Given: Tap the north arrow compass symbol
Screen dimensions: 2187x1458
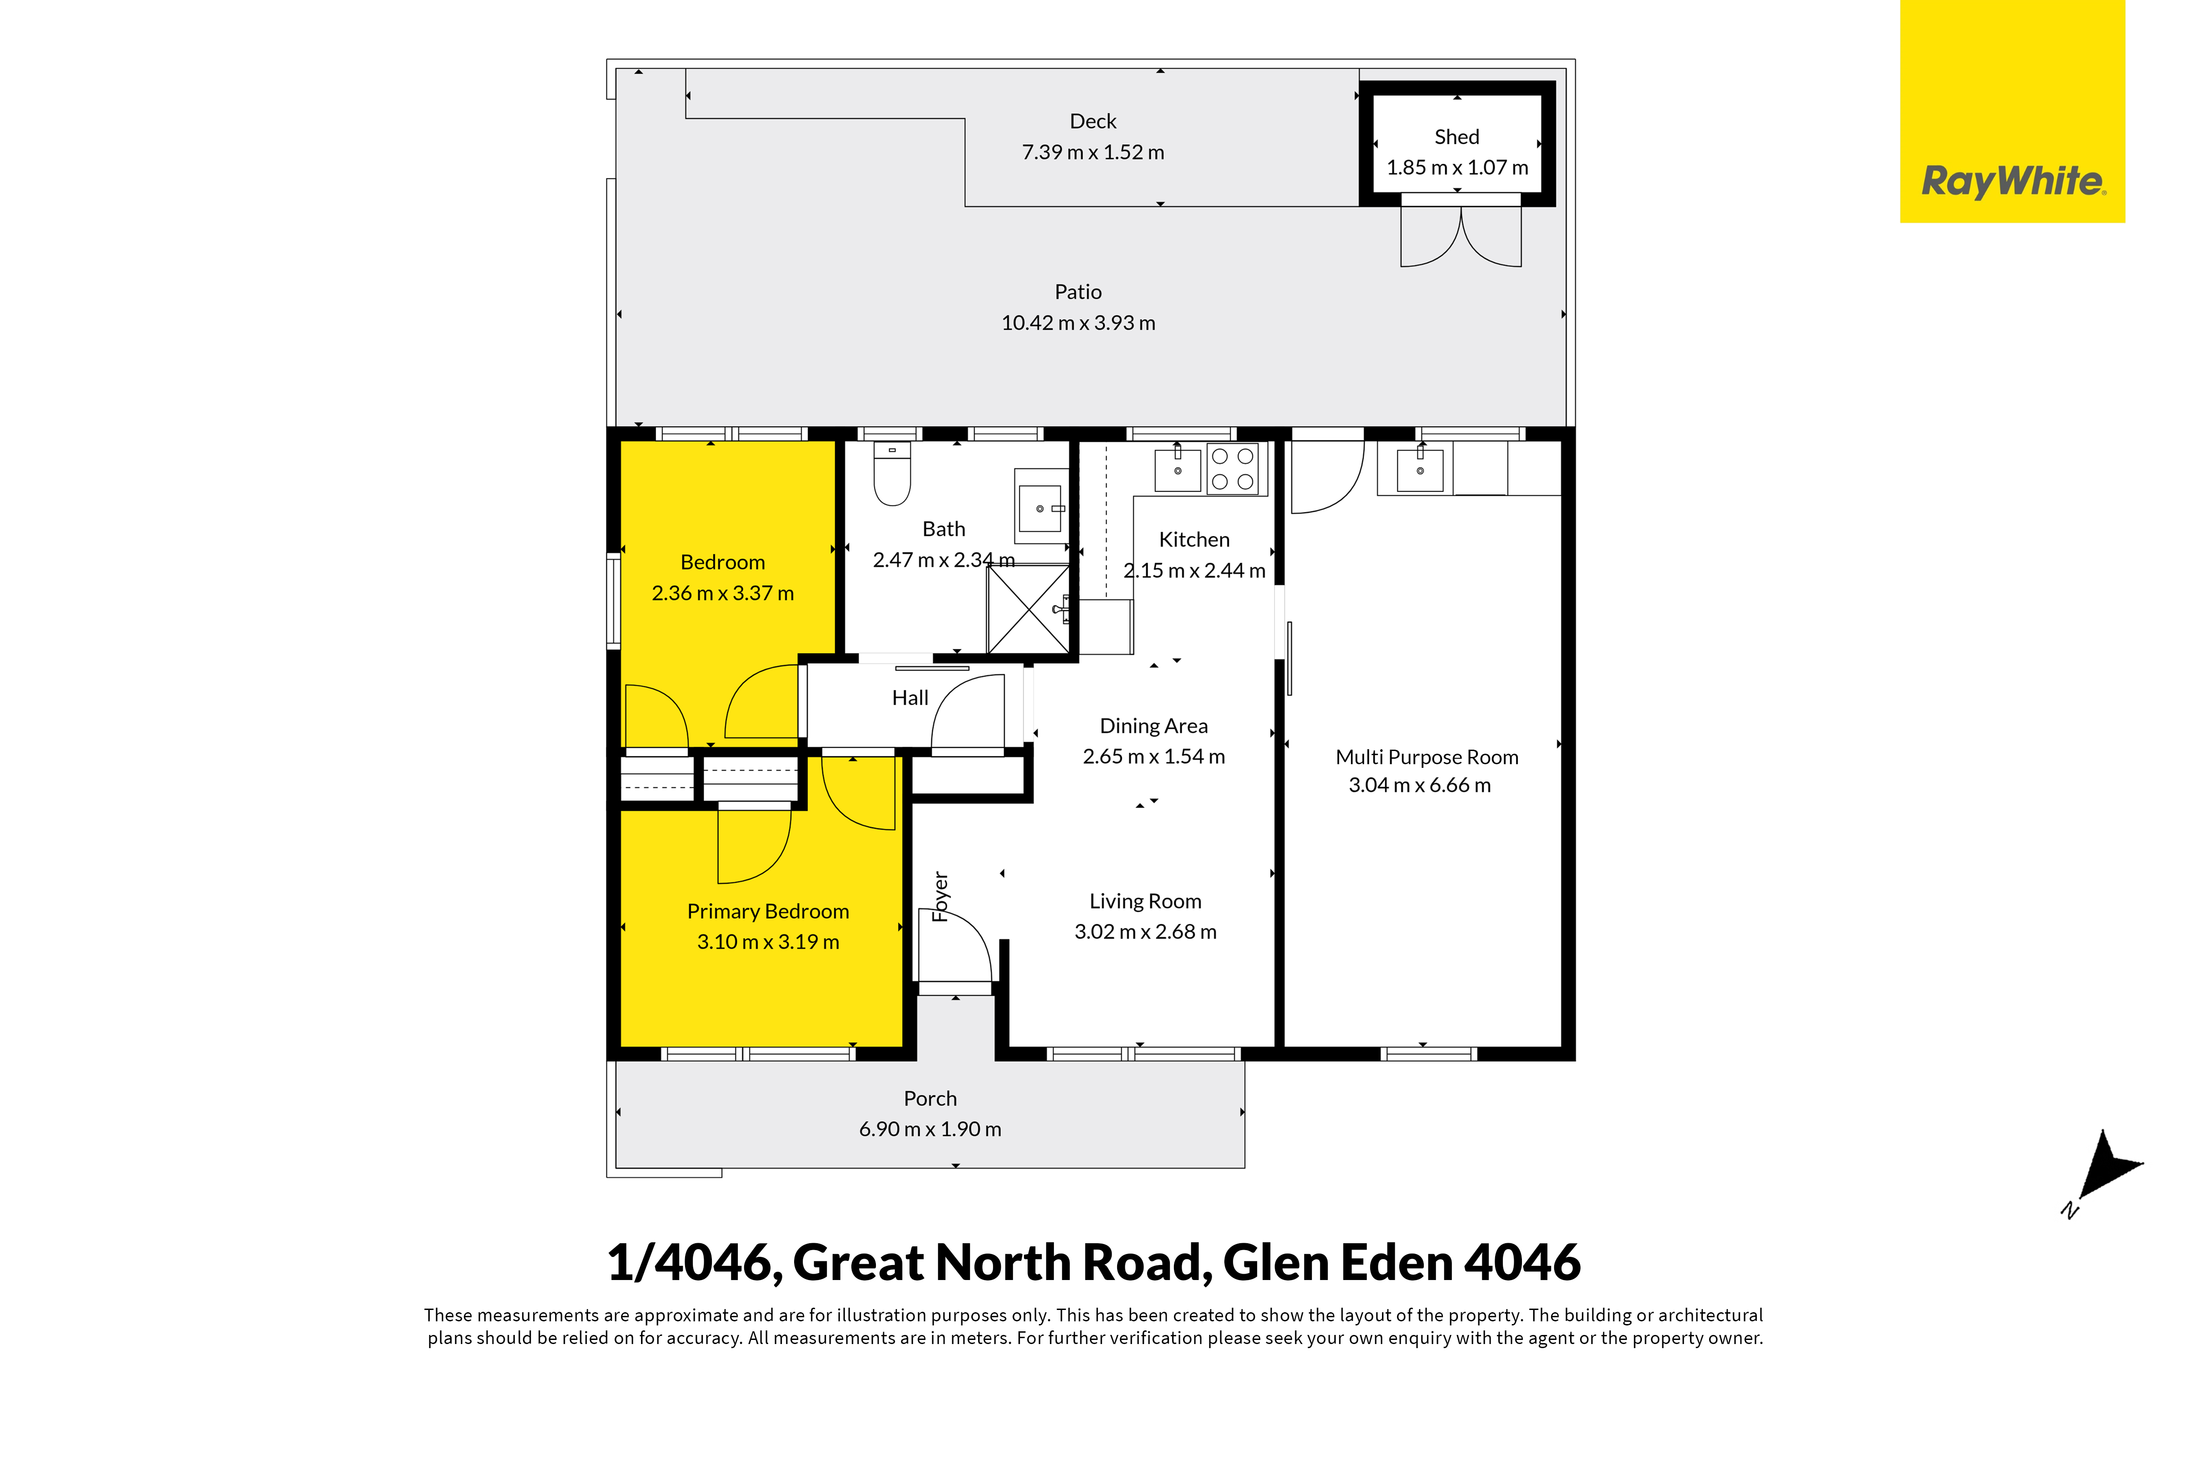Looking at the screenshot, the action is (x=2105, y=1171).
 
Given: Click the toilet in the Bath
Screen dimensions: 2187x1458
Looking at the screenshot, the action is (x=892, y=474).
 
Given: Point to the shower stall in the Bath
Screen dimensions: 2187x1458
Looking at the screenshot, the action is (x=1028, y=609).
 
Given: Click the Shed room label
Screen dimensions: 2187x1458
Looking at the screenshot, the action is (x=1457, y=137).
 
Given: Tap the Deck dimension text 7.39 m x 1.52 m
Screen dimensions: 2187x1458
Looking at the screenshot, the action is (x=1093, y=152).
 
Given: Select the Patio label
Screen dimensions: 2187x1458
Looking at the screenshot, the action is (x=1078, y=292).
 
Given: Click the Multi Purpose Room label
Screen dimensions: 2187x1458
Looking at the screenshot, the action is (x=1427, y=757).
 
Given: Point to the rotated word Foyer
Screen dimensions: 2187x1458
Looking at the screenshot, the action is (x=940, y=896).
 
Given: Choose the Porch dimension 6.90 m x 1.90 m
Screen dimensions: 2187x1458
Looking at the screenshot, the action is (x=930, y=1129).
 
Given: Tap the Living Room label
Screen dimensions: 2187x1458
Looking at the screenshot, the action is (x=1145, y=901).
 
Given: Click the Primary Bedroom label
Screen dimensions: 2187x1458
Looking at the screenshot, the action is (x=768, y=911).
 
